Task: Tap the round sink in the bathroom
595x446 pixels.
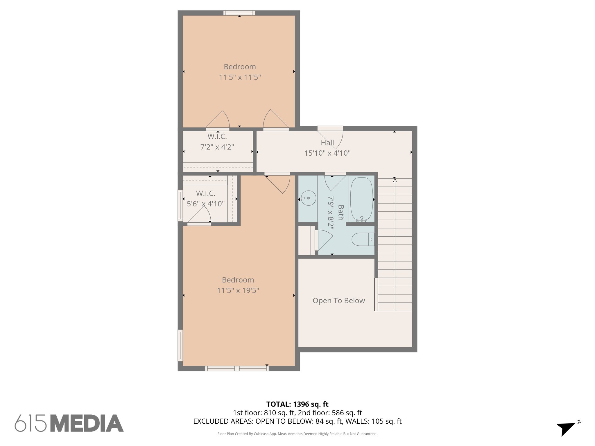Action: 308,198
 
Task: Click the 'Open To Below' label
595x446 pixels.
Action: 339,301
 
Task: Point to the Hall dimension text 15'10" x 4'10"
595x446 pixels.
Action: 327,153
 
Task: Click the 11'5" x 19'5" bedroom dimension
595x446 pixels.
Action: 238,290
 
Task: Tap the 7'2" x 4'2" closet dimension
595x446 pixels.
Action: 217,147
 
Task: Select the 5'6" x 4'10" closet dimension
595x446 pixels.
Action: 206,204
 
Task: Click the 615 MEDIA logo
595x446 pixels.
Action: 69,423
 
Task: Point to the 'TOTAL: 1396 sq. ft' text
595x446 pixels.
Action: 297,404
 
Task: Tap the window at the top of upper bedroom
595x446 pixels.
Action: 239,13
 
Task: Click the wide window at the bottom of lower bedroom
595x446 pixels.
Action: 237,368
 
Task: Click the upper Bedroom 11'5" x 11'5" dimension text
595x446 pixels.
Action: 240,77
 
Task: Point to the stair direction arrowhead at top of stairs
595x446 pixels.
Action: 395,180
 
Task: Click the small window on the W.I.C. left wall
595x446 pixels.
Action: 180,206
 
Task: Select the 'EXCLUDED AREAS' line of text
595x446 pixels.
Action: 297,421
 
